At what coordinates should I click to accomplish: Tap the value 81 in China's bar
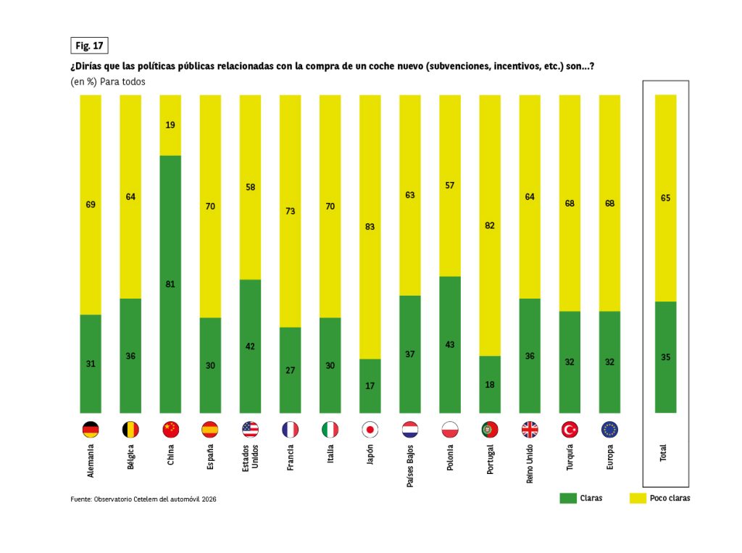click(170, 284)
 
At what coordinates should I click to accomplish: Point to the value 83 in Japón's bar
click(370, 227)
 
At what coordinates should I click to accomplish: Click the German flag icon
click(91, 429)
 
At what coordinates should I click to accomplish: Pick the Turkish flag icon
click(570, 429)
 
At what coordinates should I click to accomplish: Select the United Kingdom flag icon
click(530, 429)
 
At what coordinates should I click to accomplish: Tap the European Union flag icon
click(609, 429)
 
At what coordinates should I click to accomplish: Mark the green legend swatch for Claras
click(568, 498)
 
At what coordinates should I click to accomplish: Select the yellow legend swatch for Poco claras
click(638, 498)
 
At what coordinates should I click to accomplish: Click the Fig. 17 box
click(89, 46)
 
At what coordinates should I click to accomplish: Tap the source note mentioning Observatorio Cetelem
click(143, 499)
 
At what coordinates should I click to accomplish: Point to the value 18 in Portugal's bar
click(490, 384)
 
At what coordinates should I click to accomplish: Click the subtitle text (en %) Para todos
click(108, 82)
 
